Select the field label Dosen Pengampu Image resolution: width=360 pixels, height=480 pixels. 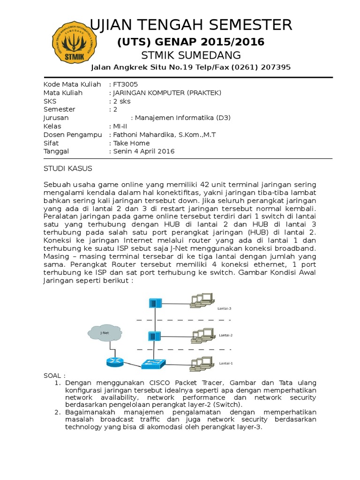73,135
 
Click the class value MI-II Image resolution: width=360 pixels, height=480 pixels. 120,126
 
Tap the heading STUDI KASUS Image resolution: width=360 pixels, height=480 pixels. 68,168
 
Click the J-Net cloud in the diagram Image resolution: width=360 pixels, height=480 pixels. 104,333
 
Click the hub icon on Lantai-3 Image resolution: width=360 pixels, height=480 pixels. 154,303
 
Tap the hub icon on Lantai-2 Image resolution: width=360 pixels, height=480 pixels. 154,336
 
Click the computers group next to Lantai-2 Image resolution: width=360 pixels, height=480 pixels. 202,334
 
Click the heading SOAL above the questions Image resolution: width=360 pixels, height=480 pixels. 53,376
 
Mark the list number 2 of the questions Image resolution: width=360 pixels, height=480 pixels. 57,412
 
